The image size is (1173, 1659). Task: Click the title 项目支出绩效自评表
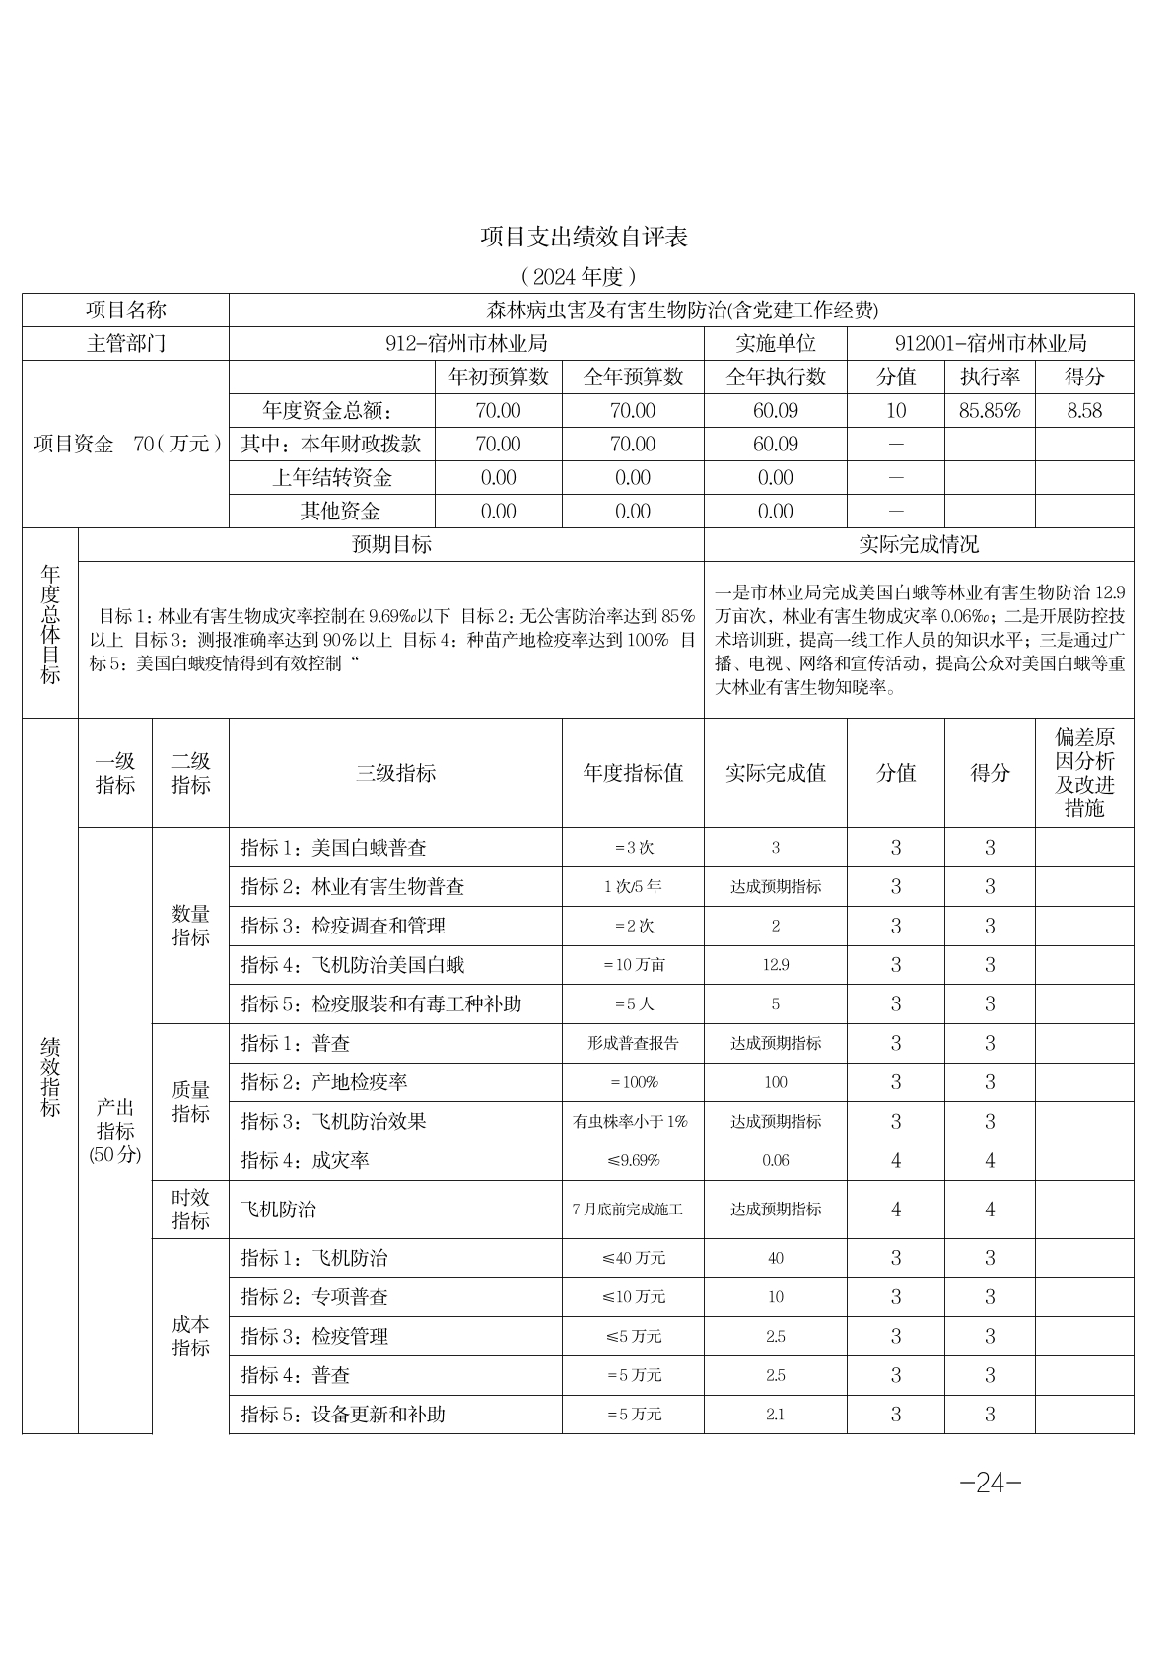click(x=584, y=237)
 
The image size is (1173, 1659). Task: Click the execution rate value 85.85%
click(x=990, y=411)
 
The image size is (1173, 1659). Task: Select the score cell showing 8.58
click(x=1084, y=411)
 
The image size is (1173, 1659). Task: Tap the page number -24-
click(x=990, y=1482)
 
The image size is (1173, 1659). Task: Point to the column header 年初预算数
click(x=499, y=378)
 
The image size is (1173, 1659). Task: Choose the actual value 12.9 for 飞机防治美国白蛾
click(x=776, y=965)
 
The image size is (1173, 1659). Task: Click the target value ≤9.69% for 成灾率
click(x=634, y=1161)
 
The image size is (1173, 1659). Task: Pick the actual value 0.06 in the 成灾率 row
click(x=776, y=1161)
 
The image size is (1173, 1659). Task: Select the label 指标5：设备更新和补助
click(x=343, y=1415)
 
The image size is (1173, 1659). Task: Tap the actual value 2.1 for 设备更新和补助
click(x=776, y=1415)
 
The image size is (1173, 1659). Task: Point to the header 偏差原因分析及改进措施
click(x=1084, y=773)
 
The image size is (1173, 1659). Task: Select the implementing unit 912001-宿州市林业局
click(x=991, y=344)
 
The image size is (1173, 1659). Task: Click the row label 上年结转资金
click(x=332, y=478)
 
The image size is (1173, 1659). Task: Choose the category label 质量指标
click(x=191, y=1102)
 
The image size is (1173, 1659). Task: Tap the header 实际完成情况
click(x=919, y=545)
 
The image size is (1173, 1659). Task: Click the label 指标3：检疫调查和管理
click(x=343, y=927)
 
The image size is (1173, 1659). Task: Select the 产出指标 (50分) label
click(x=115, y=1131)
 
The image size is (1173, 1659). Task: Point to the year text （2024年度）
click(x=579, y=275)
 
